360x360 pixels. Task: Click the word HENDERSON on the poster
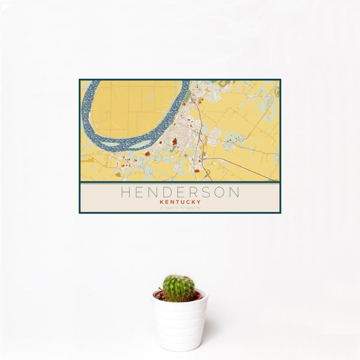[x=180, y=193]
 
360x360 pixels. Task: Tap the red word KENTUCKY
[x=180, y=202]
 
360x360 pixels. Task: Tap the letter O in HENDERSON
[x=220, y=193]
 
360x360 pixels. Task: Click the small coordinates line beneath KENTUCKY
[x=180, y=208]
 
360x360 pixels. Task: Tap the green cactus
[x=178, y=287]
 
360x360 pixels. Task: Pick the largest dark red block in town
[x=175, y=142]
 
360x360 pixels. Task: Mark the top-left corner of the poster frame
[x=80, y=80]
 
